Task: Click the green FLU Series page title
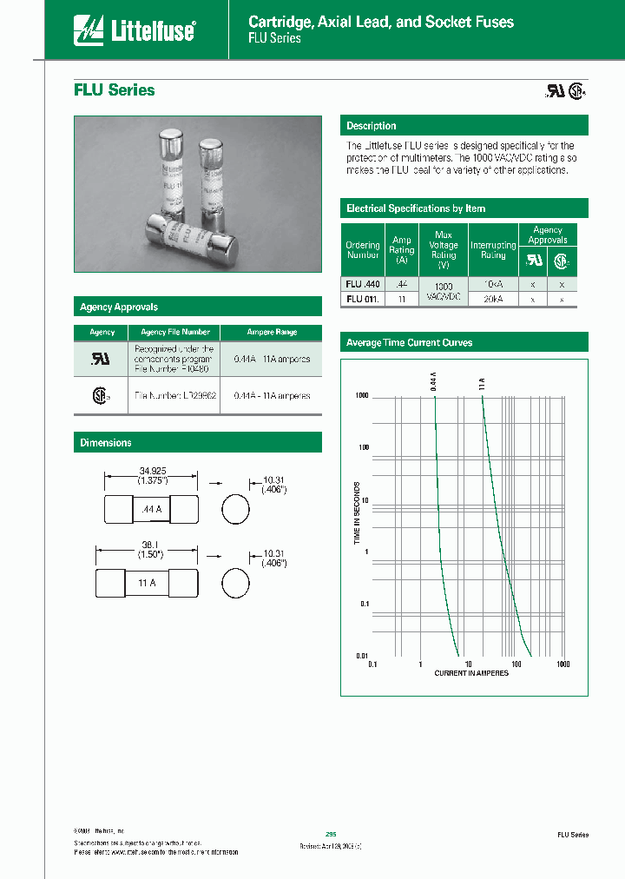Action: tap(114, 90)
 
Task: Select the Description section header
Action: tap(371, 126)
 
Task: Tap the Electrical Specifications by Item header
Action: tap(415, 208)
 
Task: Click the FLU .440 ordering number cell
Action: tap(362, 284)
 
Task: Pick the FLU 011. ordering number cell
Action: tap(362, 299)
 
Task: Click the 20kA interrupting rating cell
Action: tap(493, 299)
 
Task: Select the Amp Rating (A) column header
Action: tap(401, 250)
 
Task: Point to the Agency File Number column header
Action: tap(174, 332)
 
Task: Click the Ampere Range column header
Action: tap(272, 332)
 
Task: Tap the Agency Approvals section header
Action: tap(119, 307)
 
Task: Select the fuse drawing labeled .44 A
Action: tap(151, 511)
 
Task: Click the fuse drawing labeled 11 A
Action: tap(146, 584)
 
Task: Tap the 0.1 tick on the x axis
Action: tap(372, 664)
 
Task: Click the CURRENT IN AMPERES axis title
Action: tap(471, 674)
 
